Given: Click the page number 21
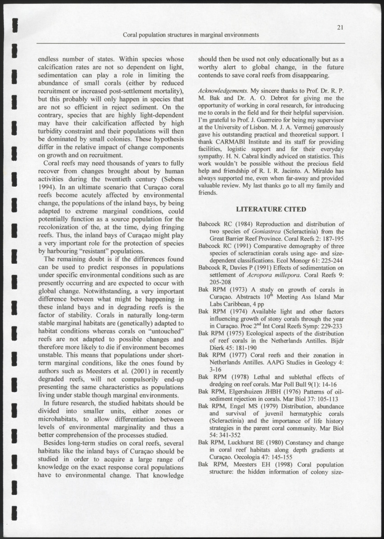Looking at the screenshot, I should point(341,27).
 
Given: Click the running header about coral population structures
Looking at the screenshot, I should point(191,35).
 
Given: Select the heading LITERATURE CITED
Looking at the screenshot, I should point(271,209).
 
